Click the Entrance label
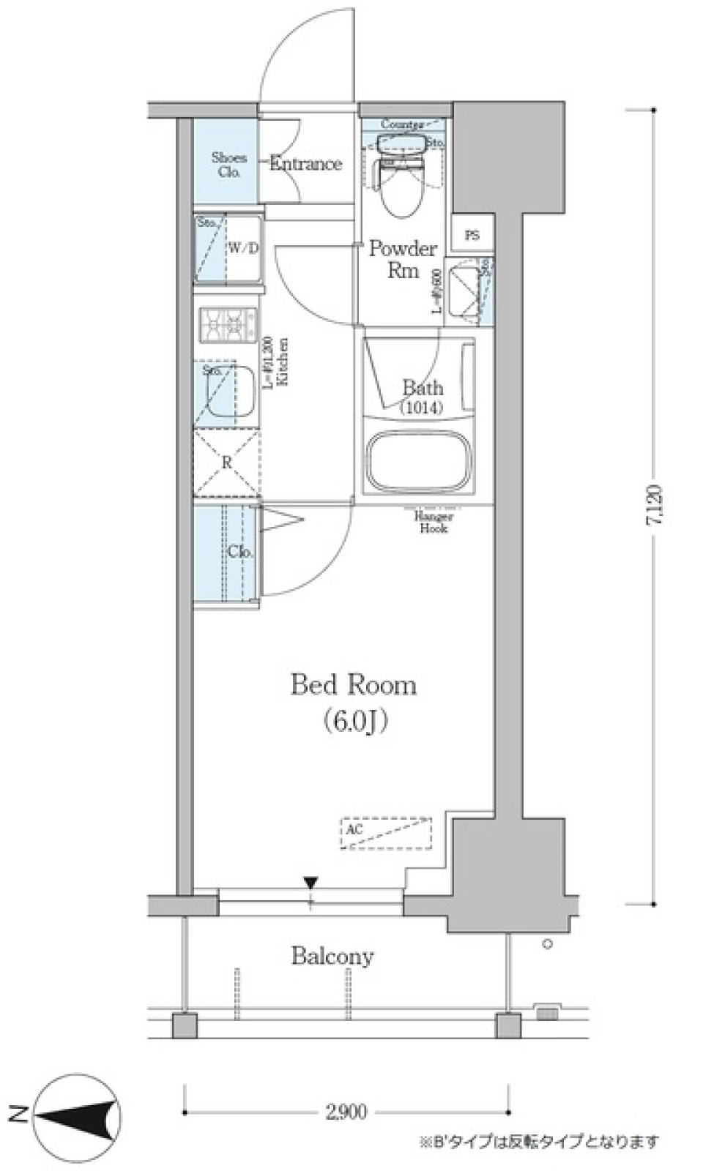tap(305, 163)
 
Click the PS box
tap(472, 236)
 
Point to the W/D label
tap(242, 248)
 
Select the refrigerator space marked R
tap(227, 463)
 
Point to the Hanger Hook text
tap(434, 522)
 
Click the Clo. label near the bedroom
tap(239, 552)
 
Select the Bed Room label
tap(354, 685)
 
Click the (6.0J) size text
tap(354, 722)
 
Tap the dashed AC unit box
tap(386, 833)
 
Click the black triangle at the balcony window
tap(310, 883)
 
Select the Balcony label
tap(332, 956)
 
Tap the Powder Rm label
tap(402, 259)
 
